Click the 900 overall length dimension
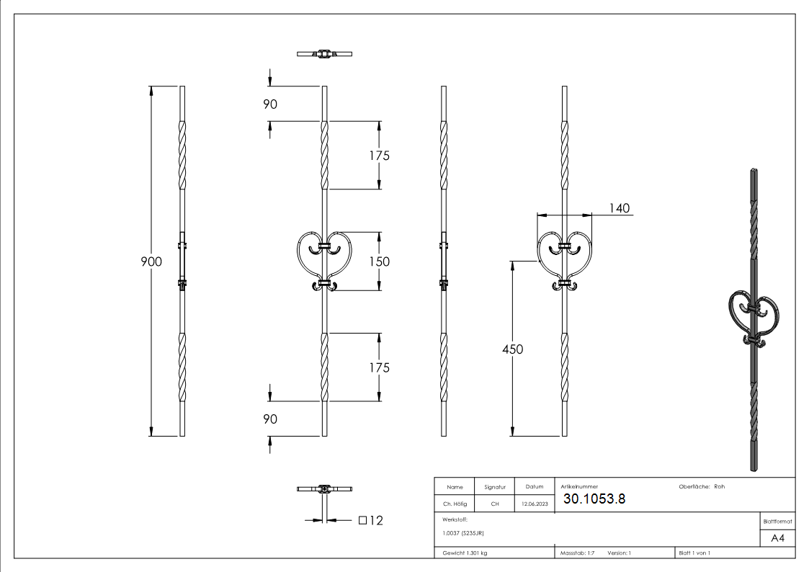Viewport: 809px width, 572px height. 151,262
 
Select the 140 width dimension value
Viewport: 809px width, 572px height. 619,208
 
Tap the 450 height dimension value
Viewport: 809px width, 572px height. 512,349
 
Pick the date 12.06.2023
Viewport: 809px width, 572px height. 534,504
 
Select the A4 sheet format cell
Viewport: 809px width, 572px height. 777,537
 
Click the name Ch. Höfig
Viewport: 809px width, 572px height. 454,504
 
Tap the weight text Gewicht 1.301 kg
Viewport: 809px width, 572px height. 465,553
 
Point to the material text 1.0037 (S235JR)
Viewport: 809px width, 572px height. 463,533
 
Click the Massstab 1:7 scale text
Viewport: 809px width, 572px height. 577,553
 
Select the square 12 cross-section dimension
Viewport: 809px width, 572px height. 370,520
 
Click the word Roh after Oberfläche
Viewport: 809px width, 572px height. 719,487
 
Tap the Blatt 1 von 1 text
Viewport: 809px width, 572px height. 694,553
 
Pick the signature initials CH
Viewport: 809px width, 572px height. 494,504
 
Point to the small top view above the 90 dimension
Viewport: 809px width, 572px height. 325,54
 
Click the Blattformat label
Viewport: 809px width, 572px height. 777,521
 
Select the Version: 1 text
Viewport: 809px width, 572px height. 619,553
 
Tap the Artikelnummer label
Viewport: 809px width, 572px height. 578,487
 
